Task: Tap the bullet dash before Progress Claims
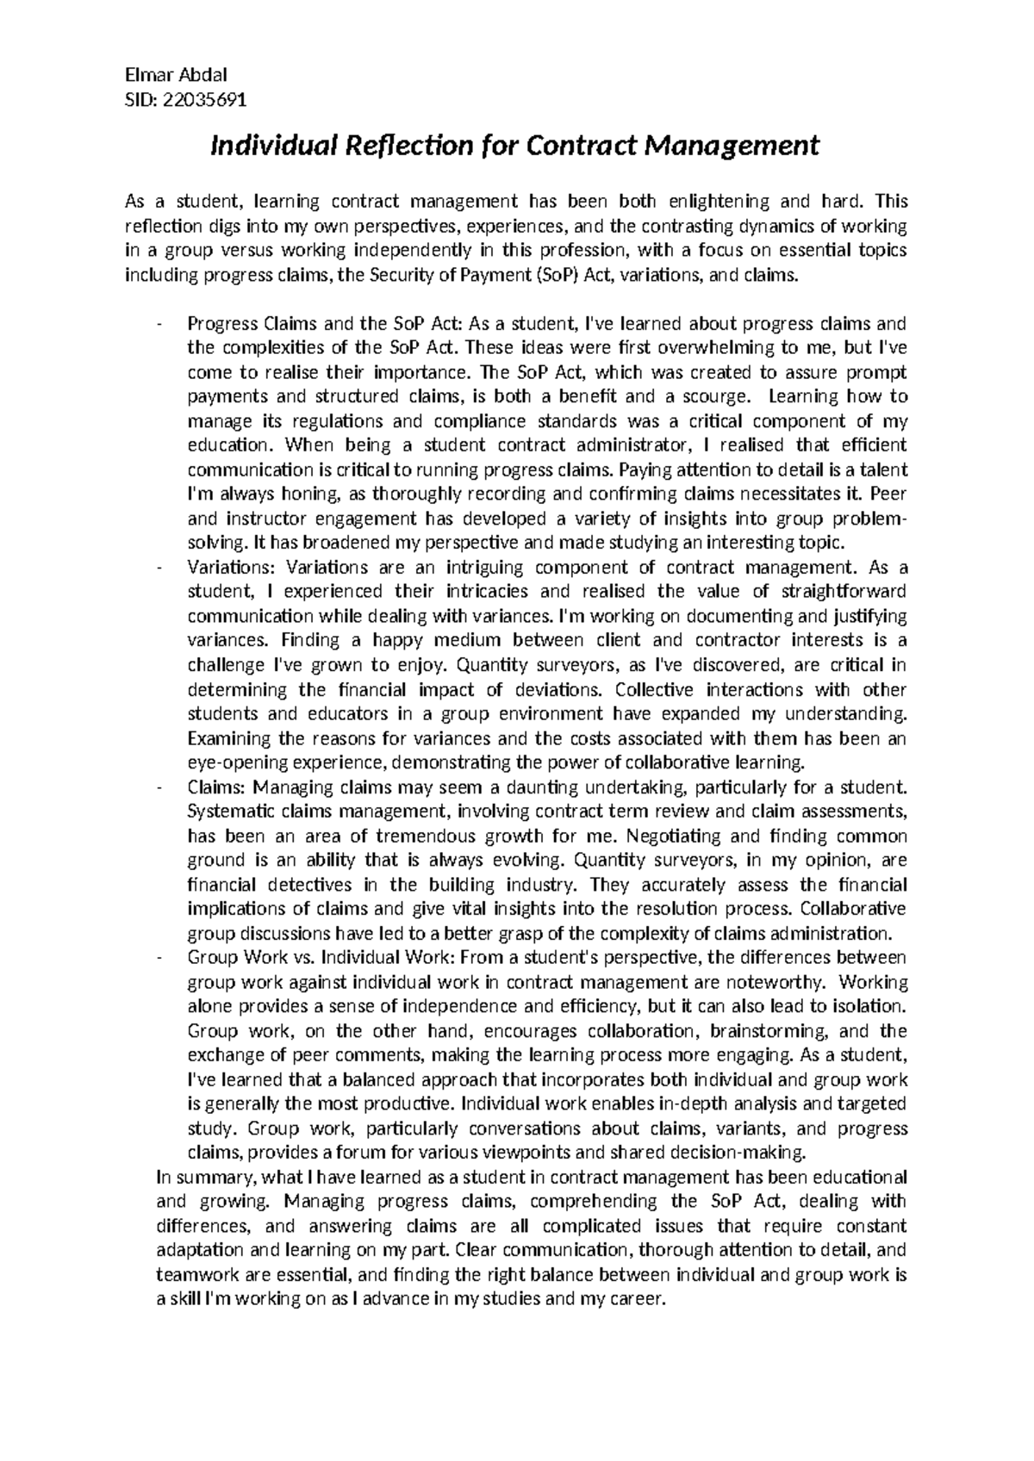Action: click(160, 324)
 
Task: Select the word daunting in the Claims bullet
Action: click(539, 787)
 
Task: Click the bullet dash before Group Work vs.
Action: click(160, 957)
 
